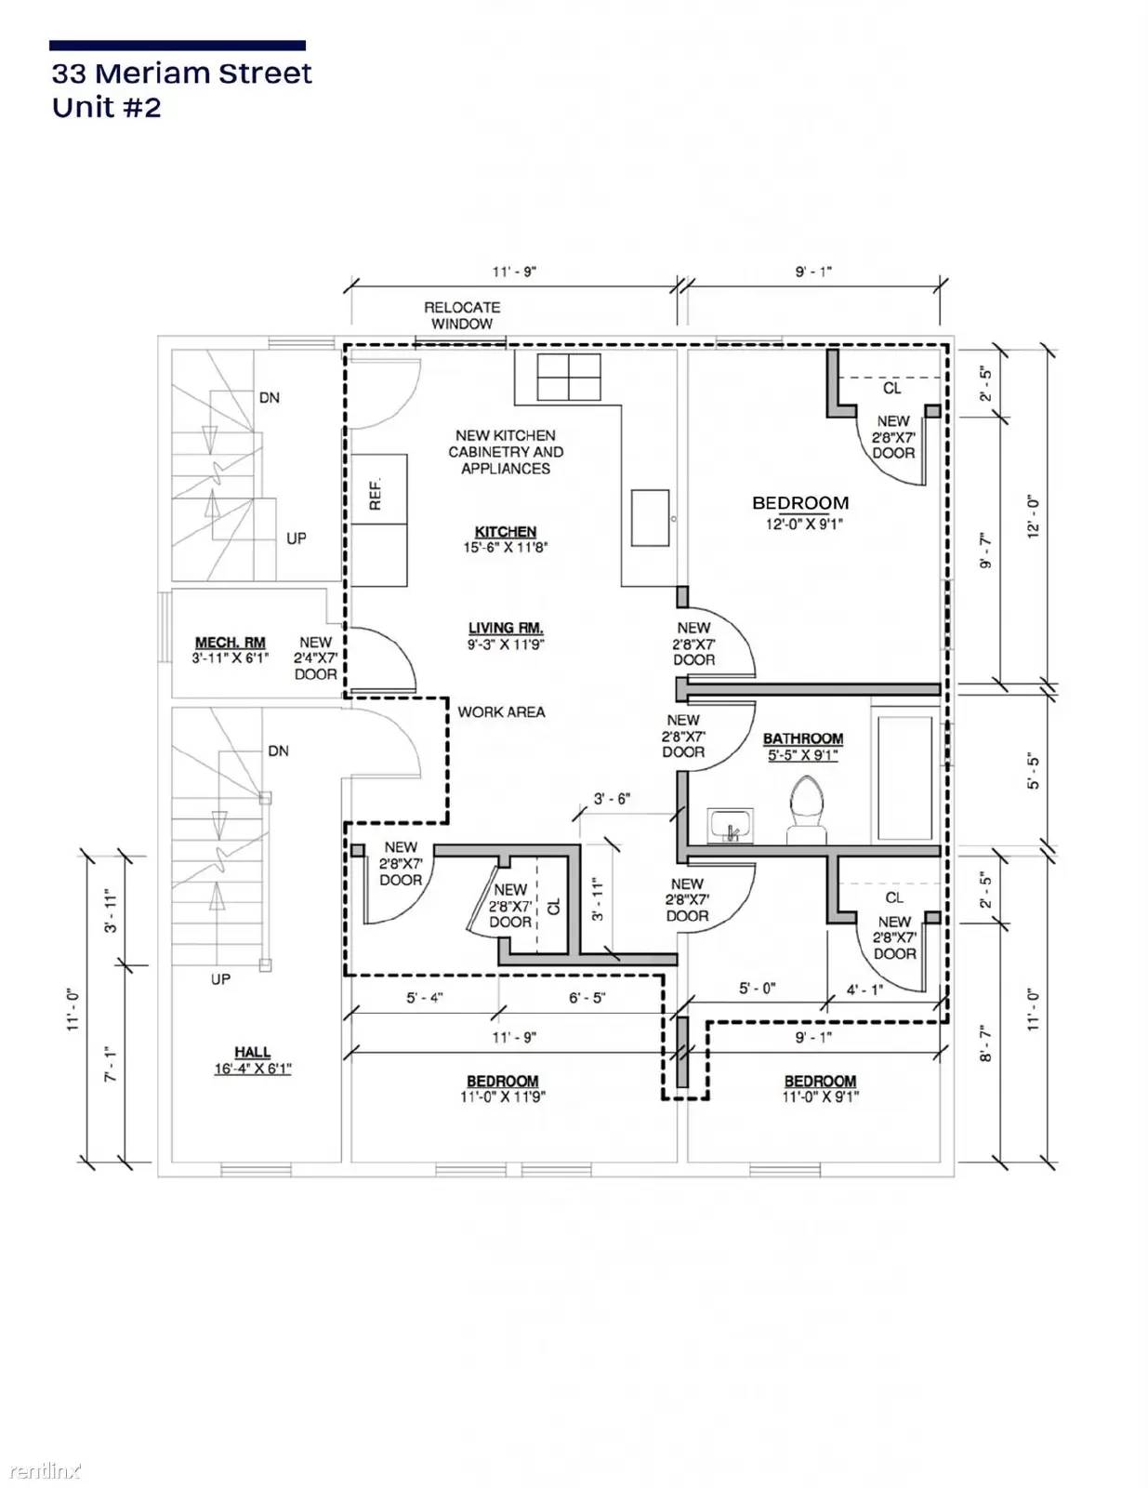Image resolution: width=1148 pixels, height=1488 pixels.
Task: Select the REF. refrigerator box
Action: point(379,489)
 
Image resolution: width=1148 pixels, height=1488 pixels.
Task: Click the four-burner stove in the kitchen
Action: point(569,377)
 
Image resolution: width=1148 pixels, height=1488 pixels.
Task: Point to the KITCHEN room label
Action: point(506,531)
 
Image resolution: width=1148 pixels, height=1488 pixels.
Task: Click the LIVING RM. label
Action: point(506,627)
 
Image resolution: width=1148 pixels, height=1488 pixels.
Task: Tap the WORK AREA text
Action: point(501,712)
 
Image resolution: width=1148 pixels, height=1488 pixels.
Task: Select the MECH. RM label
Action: point(230,643)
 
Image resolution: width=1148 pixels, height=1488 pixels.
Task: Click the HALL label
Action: point(253,1052)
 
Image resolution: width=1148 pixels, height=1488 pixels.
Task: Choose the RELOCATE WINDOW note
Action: point(462,315)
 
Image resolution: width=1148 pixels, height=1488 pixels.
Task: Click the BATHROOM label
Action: point(802,738)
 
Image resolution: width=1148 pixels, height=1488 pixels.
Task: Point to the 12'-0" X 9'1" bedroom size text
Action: point(804,524)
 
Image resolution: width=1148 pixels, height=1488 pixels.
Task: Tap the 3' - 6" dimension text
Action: point(612,799)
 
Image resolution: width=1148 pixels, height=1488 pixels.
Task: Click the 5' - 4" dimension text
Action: point(425,998)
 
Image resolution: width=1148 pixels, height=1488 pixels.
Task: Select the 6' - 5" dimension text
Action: point(587,998)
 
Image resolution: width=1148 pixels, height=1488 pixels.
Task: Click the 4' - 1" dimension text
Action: point(864,990)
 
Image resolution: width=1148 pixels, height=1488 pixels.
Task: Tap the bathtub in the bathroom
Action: point(905,777)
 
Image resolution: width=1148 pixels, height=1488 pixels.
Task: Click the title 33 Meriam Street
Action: point(182,73)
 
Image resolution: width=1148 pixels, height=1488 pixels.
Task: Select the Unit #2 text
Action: point(107,108)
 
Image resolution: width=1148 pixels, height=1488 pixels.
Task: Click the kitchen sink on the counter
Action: point(650,518)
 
